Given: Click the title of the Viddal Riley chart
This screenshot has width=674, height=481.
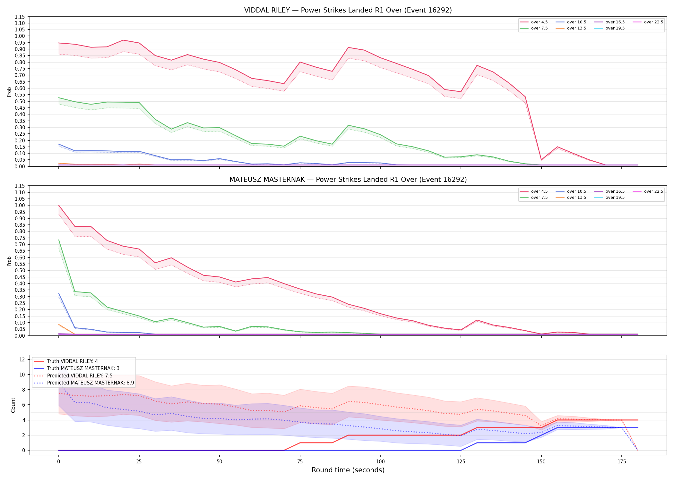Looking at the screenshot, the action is (348, 10).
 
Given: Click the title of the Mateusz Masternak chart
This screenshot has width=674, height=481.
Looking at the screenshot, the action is (348, 180).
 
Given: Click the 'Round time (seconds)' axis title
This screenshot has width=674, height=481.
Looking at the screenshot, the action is (348, 470).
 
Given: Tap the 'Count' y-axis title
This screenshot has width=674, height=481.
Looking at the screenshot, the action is (13, 405).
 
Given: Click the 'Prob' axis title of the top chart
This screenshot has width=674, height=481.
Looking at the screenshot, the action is (9, 92).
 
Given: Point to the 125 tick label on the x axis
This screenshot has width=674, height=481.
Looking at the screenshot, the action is (461, 462).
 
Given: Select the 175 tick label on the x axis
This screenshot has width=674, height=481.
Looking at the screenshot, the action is (622, 462).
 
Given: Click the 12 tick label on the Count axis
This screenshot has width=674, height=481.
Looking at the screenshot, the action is (22, 359).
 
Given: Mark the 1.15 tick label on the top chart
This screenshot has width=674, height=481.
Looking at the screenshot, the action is (20, 17).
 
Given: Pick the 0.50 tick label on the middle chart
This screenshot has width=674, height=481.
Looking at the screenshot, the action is (20, 270).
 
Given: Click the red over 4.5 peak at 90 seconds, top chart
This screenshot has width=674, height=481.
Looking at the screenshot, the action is (348, 47).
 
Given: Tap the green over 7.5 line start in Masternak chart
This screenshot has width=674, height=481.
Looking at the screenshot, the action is (59, 240).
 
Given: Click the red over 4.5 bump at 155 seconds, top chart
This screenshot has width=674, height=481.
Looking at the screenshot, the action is (557, 147).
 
